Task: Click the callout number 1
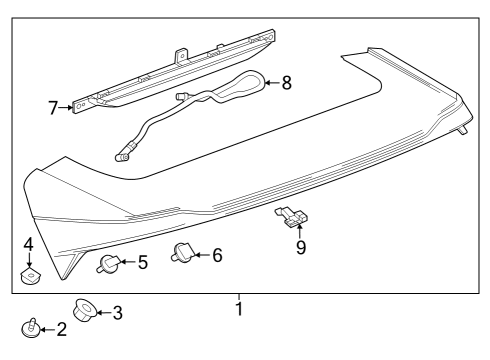point(239,307)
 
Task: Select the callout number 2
point(62,329)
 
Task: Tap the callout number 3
point(117,313)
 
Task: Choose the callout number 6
point(216,255)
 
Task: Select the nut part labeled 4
point(30,270)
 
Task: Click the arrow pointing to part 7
point(68,106)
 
